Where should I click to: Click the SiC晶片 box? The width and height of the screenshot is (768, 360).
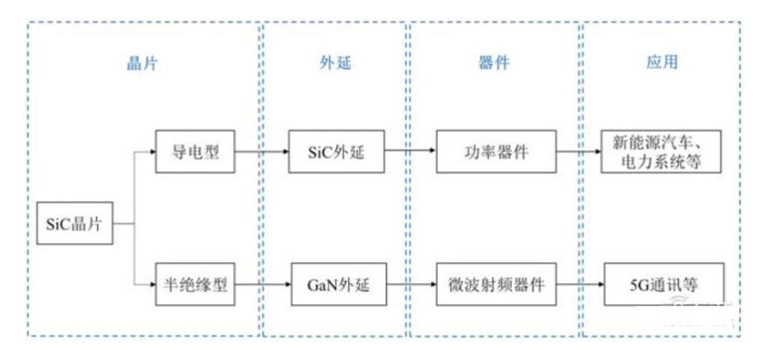pyautogui.click(x=71, y=221)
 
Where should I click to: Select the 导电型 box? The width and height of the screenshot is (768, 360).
pyautogui.click(x=193, y=155)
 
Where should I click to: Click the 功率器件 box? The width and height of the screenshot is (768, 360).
pyautogui.click(x=495, y=155)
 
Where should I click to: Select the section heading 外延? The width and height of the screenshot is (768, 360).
pyautogui.click(x=333, y=62)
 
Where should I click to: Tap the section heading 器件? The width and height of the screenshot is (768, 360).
pyautogui.click(x=495, y=62)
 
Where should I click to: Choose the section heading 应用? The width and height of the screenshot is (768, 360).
pyautogui.click(x=662, y=62)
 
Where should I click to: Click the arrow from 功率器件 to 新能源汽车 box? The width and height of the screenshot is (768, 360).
pyautogui.click(x=579, y=155)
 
